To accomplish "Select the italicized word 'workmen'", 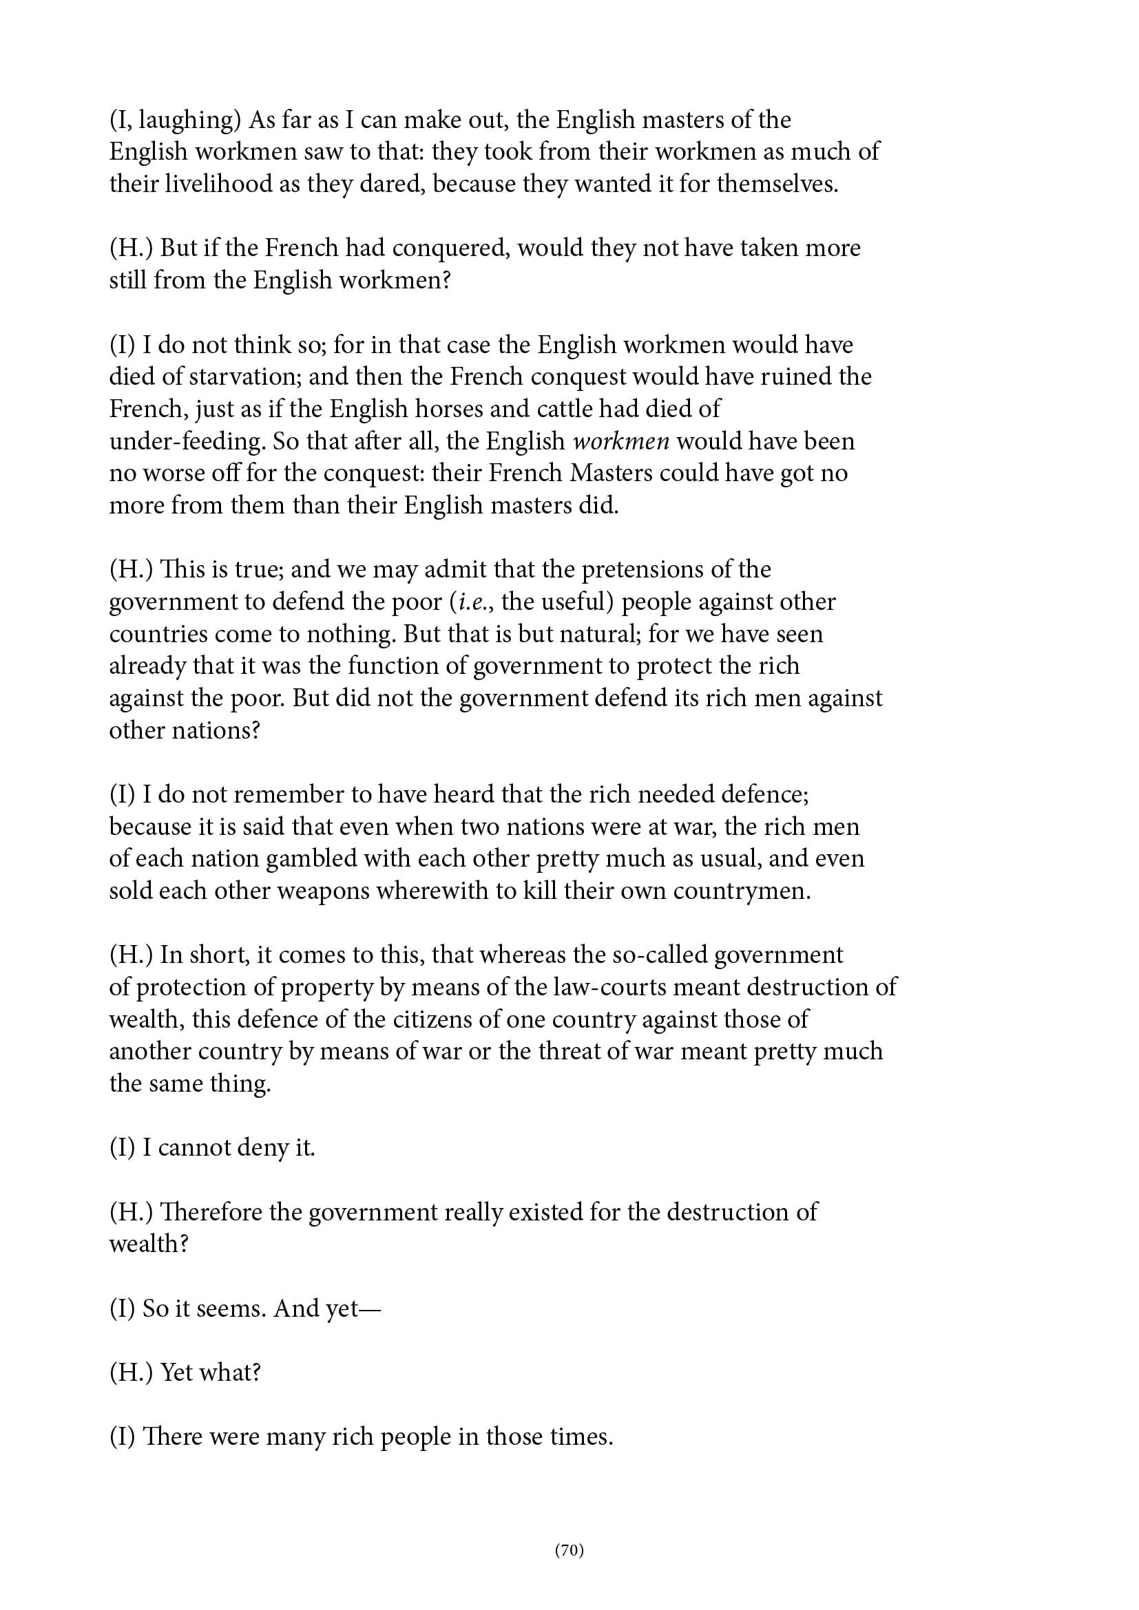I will [x=620, y=441].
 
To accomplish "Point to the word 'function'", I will [x=393, y=666].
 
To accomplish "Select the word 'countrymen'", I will [x=742, y=891].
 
